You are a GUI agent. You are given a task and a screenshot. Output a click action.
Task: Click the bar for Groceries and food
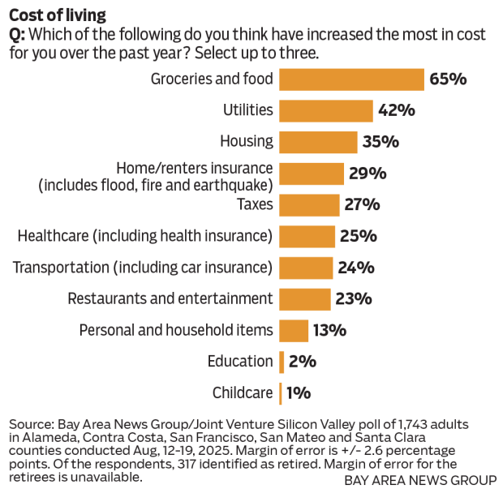[351, 79]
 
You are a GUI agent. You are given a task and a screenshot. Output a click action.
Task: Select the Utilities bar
[326, 110]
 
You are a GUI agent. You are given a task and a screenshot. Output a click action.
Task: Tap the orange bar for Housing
[318, 142]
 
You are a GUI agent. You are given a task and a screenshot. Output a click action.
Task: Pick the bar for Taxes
[309, 204]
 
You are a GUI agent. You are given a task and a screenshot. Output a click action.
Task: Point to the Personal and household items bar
[294, 330]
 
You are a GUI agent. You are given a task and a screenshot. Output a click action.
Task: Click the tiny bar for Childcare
[281, 393]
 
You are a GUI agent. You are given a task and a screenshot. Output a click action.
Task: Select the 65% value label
[448, 79]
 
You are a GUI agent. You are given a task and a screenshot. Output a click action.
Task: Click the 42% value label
[396, 110]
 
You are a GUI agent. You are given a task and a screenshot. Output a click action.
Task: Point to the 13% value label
[330, 330]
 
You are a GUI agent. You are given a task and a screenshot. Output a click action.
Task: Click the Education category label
[239, 362]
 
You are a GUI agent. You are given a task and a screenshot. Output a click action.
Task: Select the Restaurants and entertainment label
[170, 298]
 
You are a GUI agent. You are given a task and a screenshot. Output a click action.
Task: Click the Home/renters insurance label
[195, 169]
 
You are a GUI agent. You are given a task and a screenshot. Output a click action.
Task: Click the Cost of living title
[58, 15]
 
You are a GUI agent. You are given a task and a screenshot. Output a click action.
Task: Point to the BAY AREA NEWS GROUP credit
[419, 479]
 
